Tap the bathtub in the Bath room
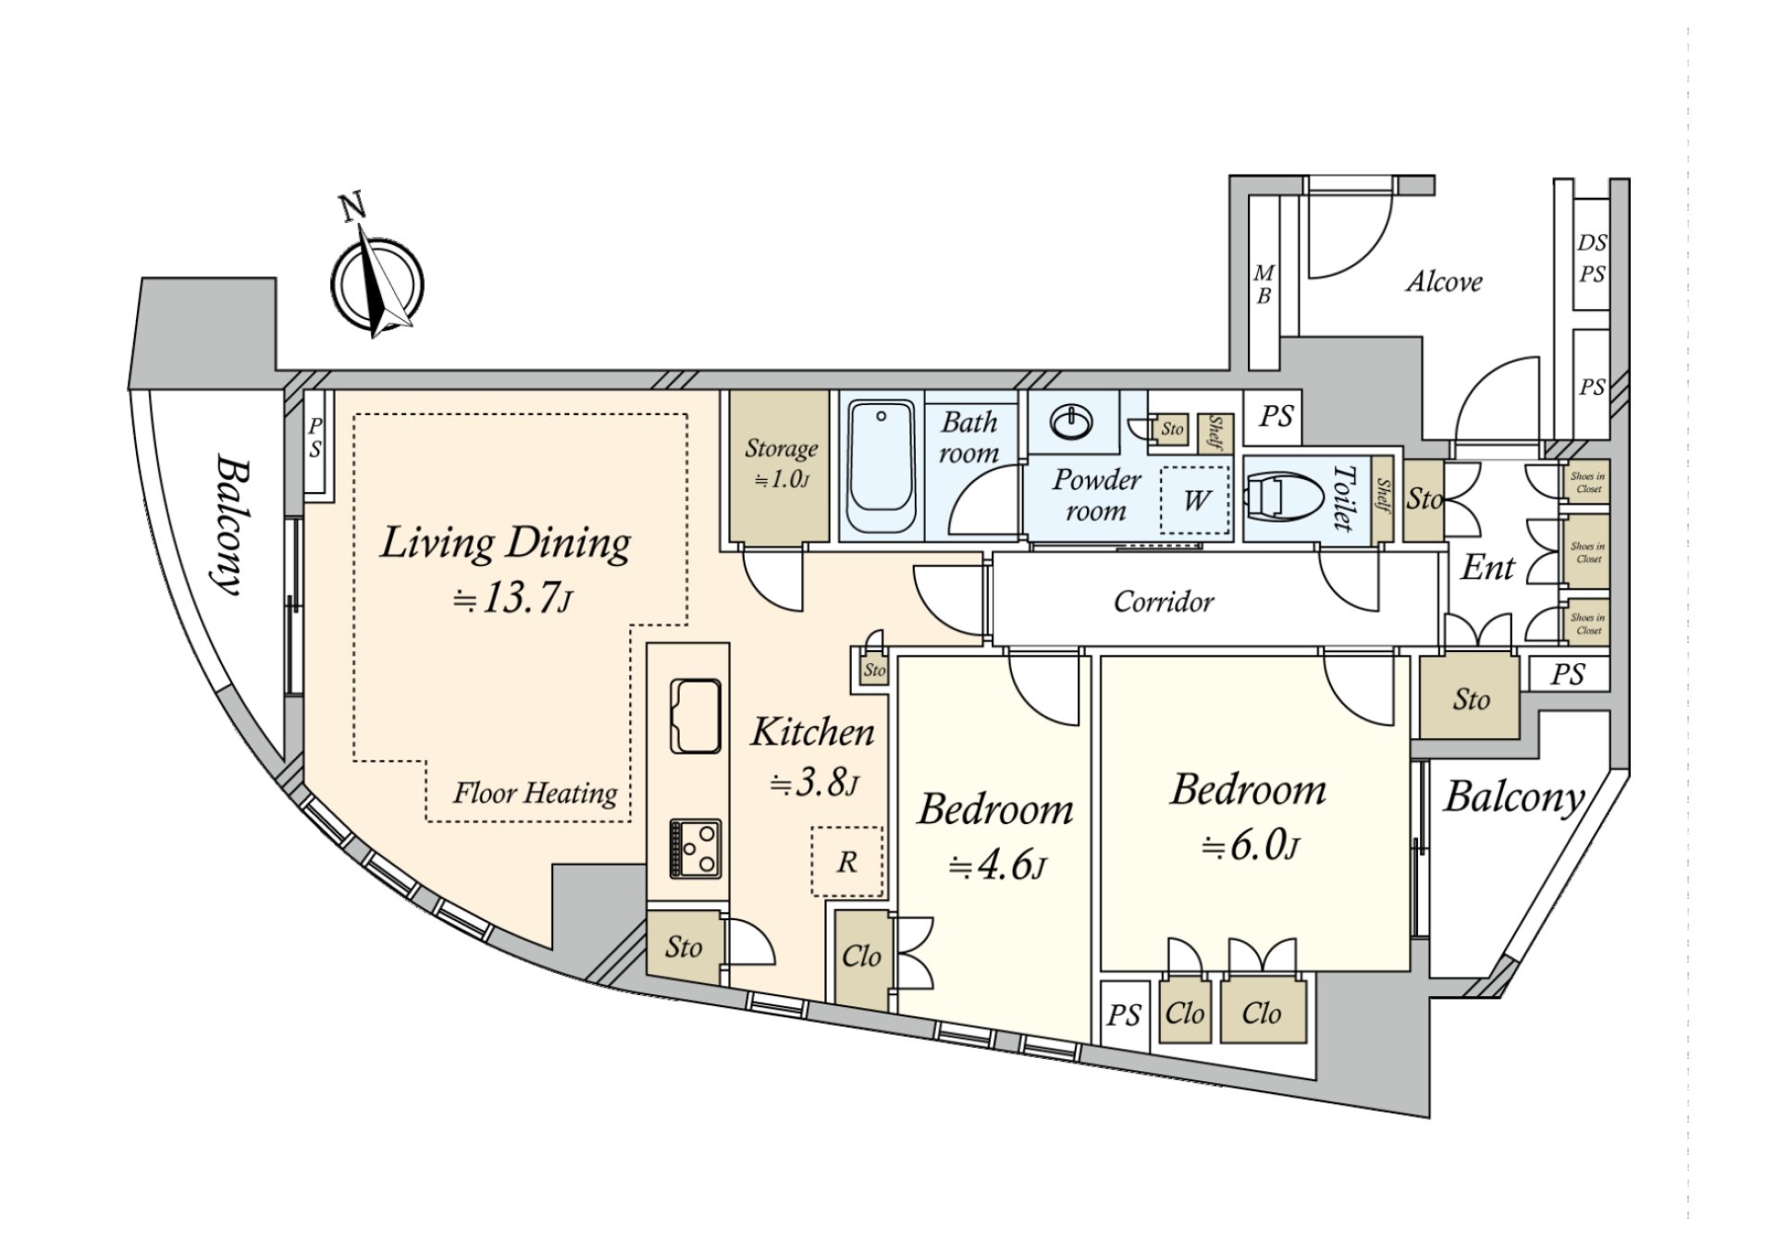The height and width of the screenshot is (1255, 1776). [x=881, y=466]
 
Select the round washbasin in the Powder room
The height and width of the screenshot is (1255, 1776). [x=1071, y=424]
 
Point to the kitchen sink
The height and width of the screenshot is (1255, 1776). [x=696, y=717]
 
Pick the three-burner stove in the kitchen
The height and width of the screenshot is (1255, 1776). [x=696, y=848]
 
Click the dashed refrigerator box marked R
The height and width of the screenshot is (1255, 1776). [x=847, y=862]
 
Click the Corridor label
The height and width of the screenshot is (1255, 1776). [x=1163, y=602]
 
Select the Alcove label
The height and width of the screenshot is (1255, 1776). [x=1443, y=281]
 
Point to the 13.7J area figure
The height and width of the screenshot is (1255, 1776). [x=512, y=598]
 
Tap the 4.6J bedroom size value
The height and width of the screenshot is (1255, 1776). [x=997, y=866]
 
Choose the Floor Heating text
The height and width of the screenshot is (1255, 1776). [x=535, y=794]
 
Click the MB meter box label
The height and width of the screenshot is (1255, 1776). [x=1264, y=284]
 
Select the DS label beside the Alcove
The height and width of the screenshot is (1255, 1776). [x=1592, y=242]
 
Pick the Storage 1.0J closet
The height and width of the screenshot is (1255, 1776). [x=779, y=465]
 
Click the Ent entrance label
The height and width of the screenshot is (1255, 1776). [x=1487, y=568]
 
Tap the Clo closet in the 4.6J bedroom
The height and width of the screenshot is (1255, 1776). [x=861, y=956]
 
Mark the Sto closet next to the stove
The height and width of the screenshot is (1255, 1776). [x=684, y=947]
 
